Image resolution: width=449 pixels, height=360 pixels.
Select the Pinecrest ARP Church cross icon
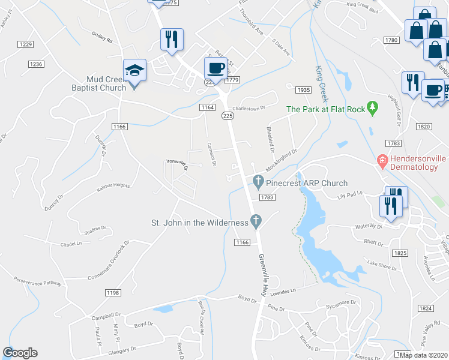[258, 180]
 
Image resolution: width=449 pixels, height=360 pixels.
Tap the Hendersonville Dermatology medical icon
[381, 160]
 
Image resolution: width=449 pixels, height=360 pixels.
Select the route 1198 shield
[112, 293]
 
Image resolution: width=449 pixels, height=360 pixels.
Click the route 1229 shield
[25, 44]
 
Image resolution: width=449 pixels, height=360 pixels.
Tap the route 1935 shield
[304, 89]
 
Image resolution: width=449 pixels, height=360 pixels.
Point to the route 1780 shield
[391, 40]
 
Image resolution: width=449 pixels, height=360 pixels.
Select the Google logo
[20, 353]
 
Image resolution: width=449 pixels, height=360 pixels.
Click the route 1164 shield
[208, 107]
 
